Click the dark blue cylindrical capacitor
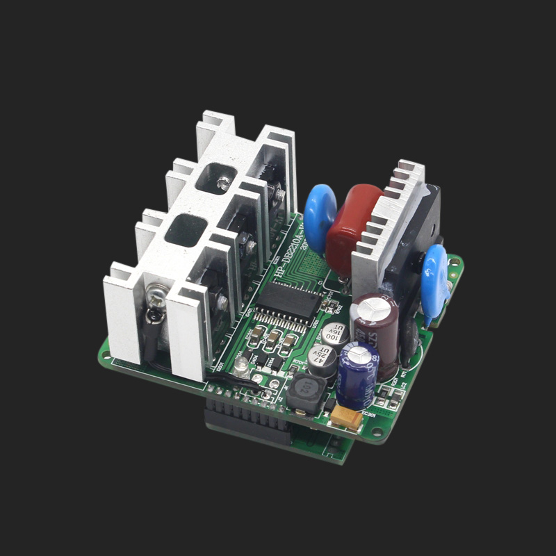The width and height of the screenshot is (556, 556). [x=357, y=375]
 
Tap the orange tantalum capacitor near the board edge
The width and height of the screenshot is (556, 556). [x=346, y=417]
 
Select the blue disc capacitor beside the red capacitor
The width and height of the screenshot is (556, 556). [x=320, y=217]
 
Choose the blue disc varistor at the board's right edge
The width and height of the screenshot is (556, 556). [x=436, y=275]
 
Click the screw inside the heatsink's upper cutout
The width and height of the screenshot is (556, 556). [x=223, y=183]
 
